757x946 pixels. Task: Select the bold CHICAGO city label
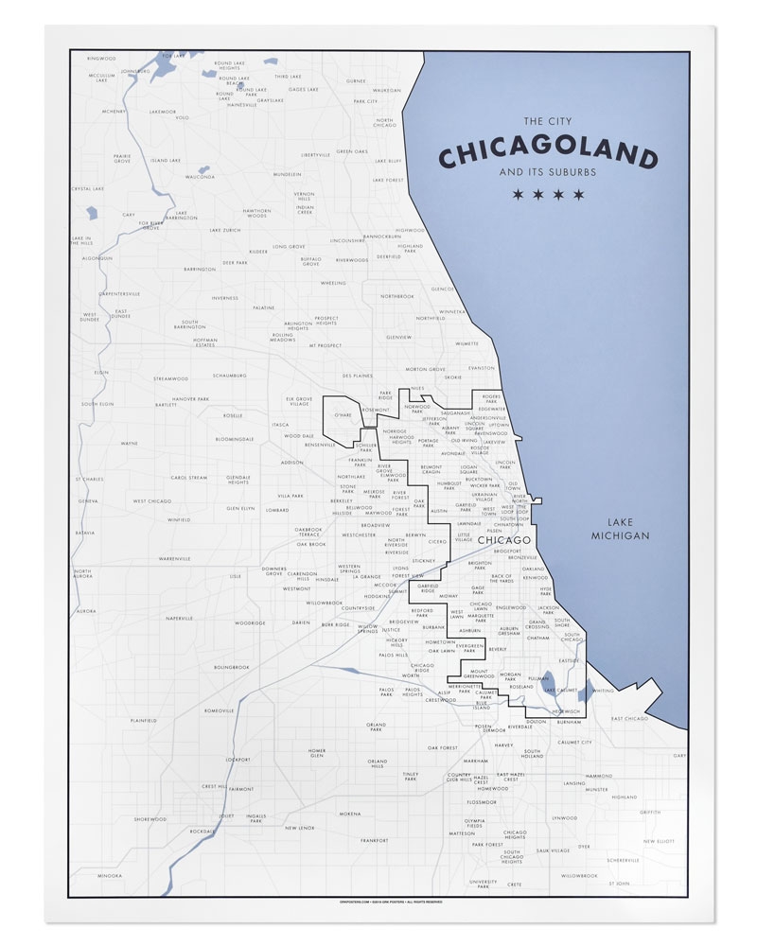pyautogui.click(x=480, y=539)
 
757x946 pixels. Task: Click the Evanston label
pyautogui.click(x=482, y=368)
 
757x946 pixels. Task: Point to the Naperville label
pyautogui.click(x=179, y=618)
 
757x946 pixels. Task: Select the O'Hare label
pyautogui.click(x=343, y=414)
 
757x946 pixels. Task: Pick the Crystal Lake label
pyautogui.click(x=87, y=188)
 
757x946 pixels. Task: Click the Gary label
pyautogui.click(x=678, y=756)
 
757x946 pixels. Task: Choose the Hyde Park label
pyautogui.click(x=545, y=591)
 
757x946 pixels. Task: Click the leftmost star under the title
pyautogui.click(x=517, y=195)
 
